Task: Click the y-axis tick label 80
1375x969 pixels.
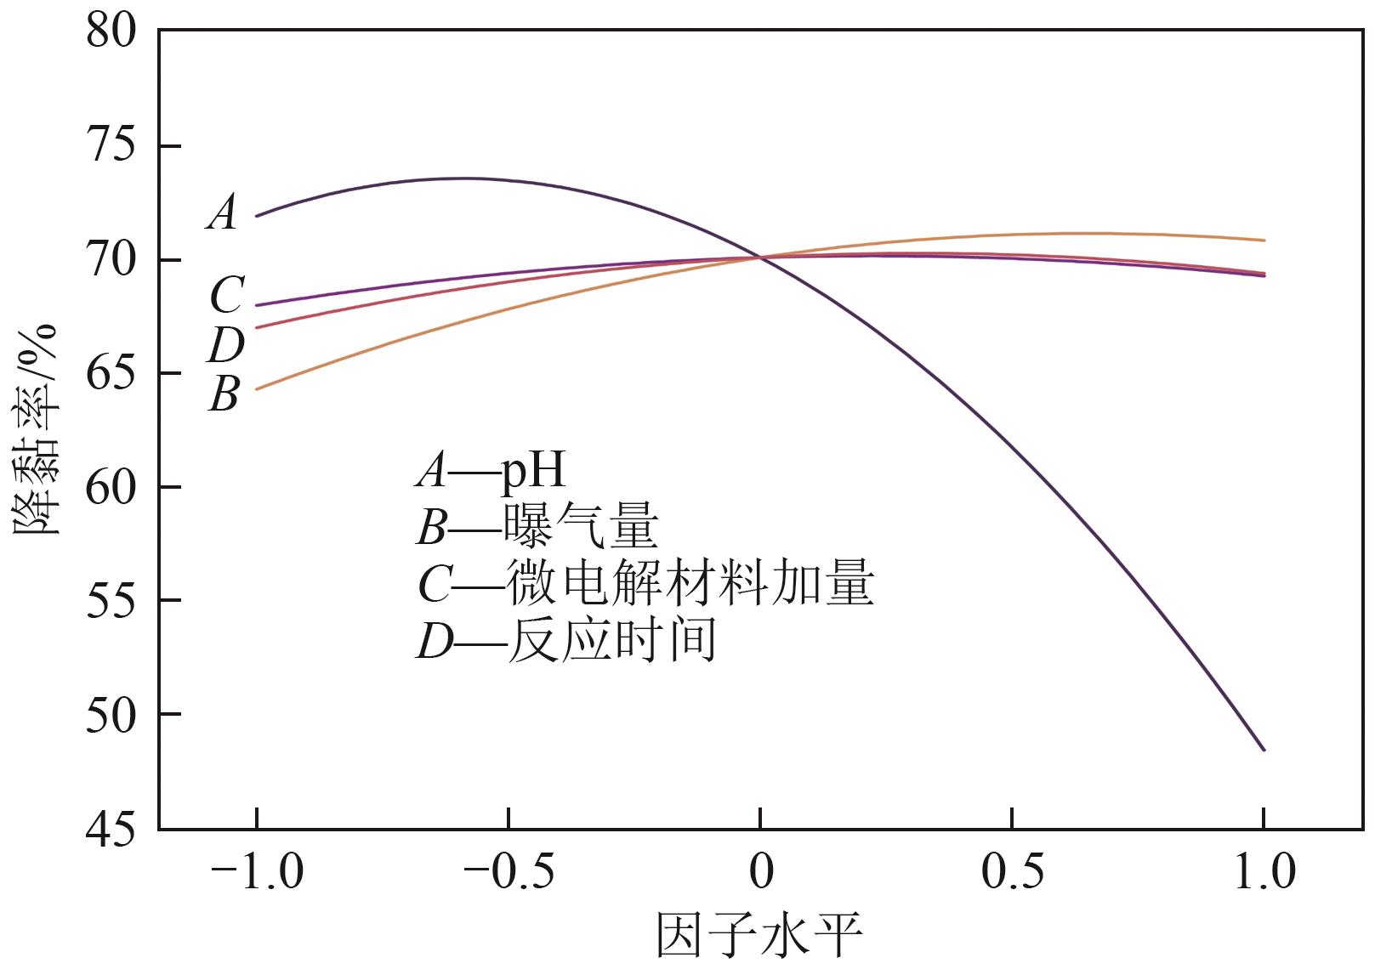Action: pos(111,33)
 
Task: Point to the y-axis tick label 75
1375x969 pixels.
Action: pos(111,146)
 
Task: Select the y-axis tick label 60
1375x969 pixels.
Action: pos(111,487)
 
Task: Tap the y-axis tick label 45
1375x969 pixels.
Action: pos(111,829)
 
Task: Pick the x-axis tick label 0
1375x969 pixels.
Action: pos(760,873)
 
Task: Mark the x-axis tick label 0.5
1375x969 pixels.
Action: pos(1011,873)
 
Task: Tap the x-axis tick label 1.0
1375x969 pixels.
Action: pos(1264,873)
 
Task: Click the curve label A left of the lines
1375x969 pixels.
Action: pos(223,212)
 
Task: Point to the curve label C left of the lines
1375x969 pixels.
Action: pos(226,296)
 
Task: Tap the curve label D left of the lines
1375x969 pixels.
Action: pos(225,345)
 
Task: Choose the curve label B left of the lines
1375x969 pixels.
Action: pos(224,394)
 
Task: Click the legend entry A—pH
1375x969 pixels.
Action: pos(491,469)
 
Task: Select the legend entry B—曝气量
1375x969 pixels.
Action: pos(537,528)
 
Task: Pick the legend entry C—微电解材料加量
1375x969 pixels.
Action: pos(645,584)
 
